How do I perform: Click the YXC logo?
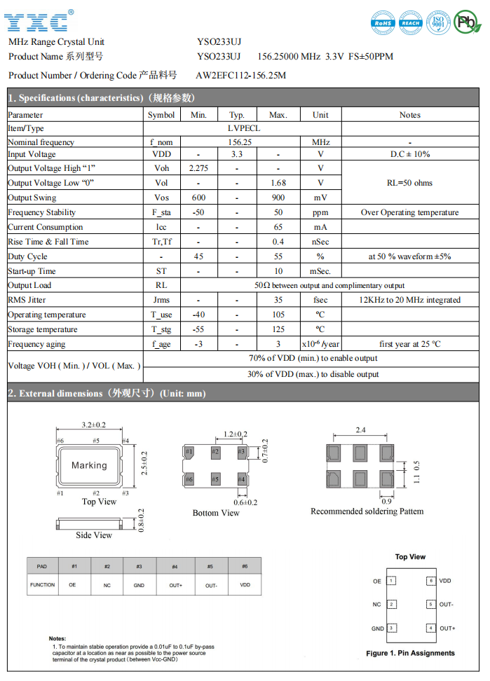(39, 21)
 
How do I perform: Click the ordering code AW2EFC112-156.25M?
(240, 75)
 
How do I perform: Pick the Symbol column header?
(162, 115)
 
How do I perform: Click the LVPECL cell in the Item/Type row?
(243, 128)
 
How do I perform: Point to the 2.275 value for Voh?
(198, 168)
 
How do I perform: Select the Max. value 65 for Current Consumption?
(278, 227)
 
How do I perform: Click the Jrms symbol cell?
(162, 300)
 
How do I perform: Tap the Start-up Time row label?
(32, 271)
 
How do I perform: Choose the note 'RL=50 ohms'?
(410, 183)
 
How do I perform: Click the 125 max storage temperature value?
(278, 329)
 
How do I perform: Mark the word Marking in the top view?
(89, 465)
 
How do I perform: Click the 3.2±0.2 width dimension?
(93, 425)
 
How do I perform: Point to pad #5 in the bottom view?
(215, 479)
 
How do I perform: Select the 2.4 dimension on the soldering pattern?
(362, 430)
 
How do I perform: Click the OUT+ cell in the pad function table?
(175, 584)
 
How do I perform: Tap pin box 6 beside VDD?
(430, 581)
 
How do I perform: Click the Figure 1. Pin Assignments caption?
(410, 653)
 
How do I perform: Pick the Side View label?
(93, 535)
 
